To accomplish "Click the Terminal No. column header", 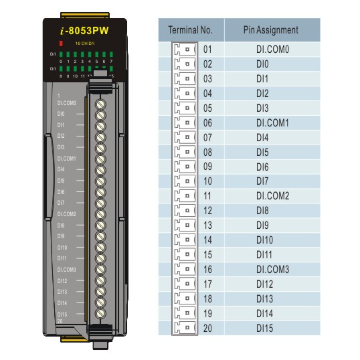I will coord(189,31).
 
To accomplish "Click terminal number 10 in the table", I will coord(207,181).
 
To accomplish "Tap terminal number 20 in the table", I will coord(207,328).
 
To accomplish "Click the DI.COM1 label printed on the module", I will coord(67,159).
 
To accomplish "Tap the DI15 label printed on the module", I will coord(62,313).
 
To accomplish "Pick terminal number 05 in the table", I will coord(207,108).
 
